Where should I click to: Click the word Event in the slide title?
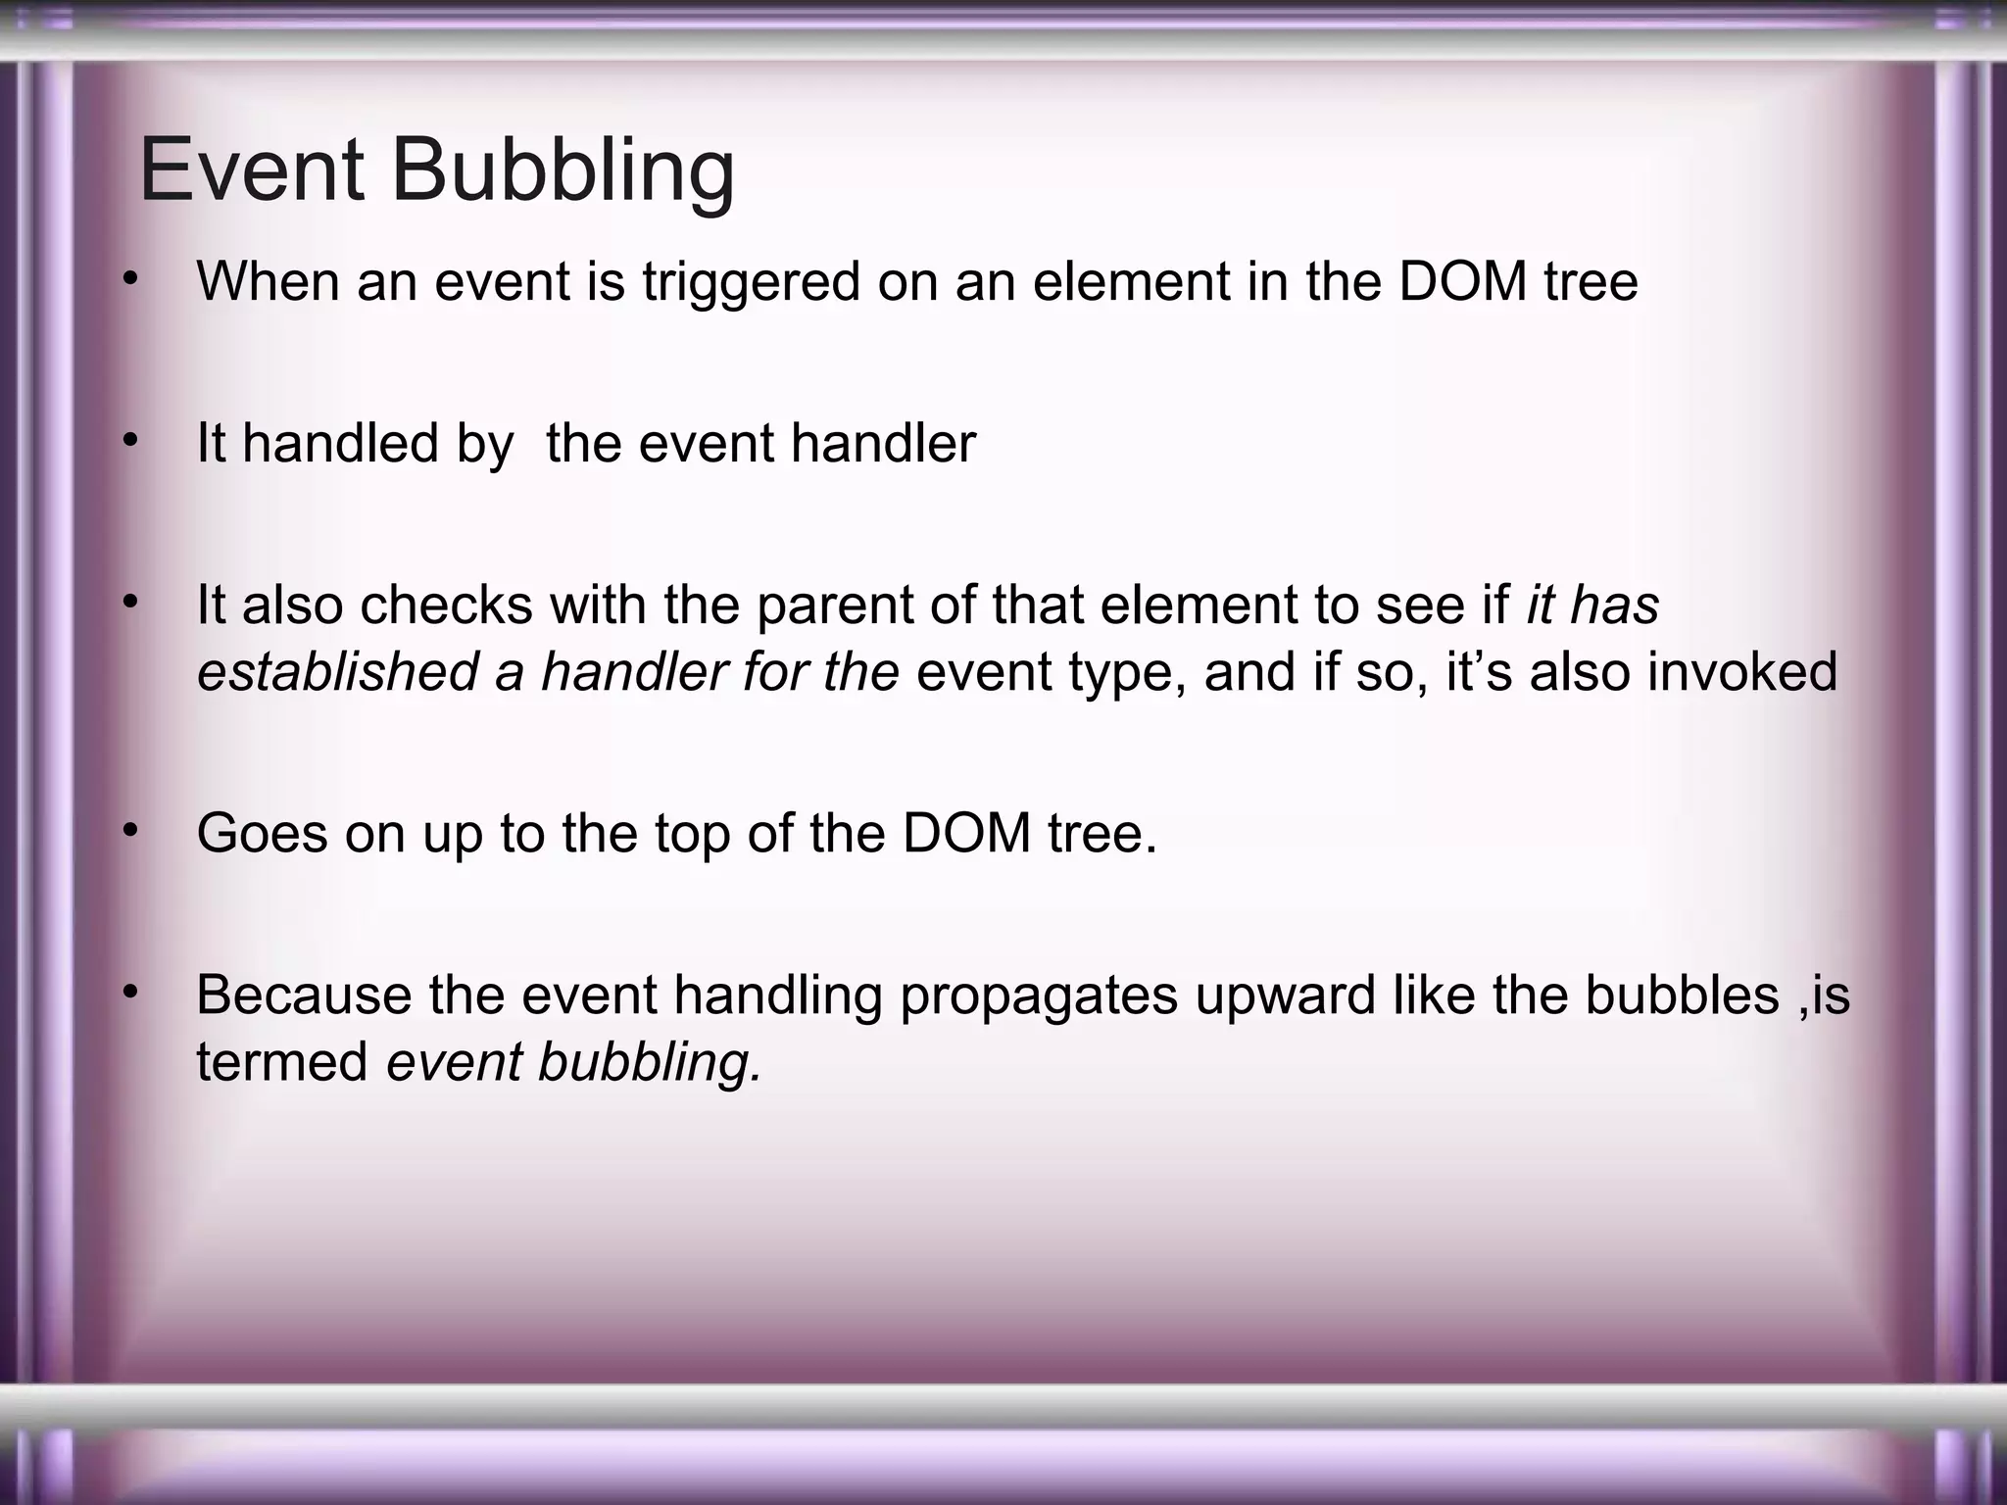tap(252, 171)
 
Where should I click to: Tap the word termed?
tap(282, 1061)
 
